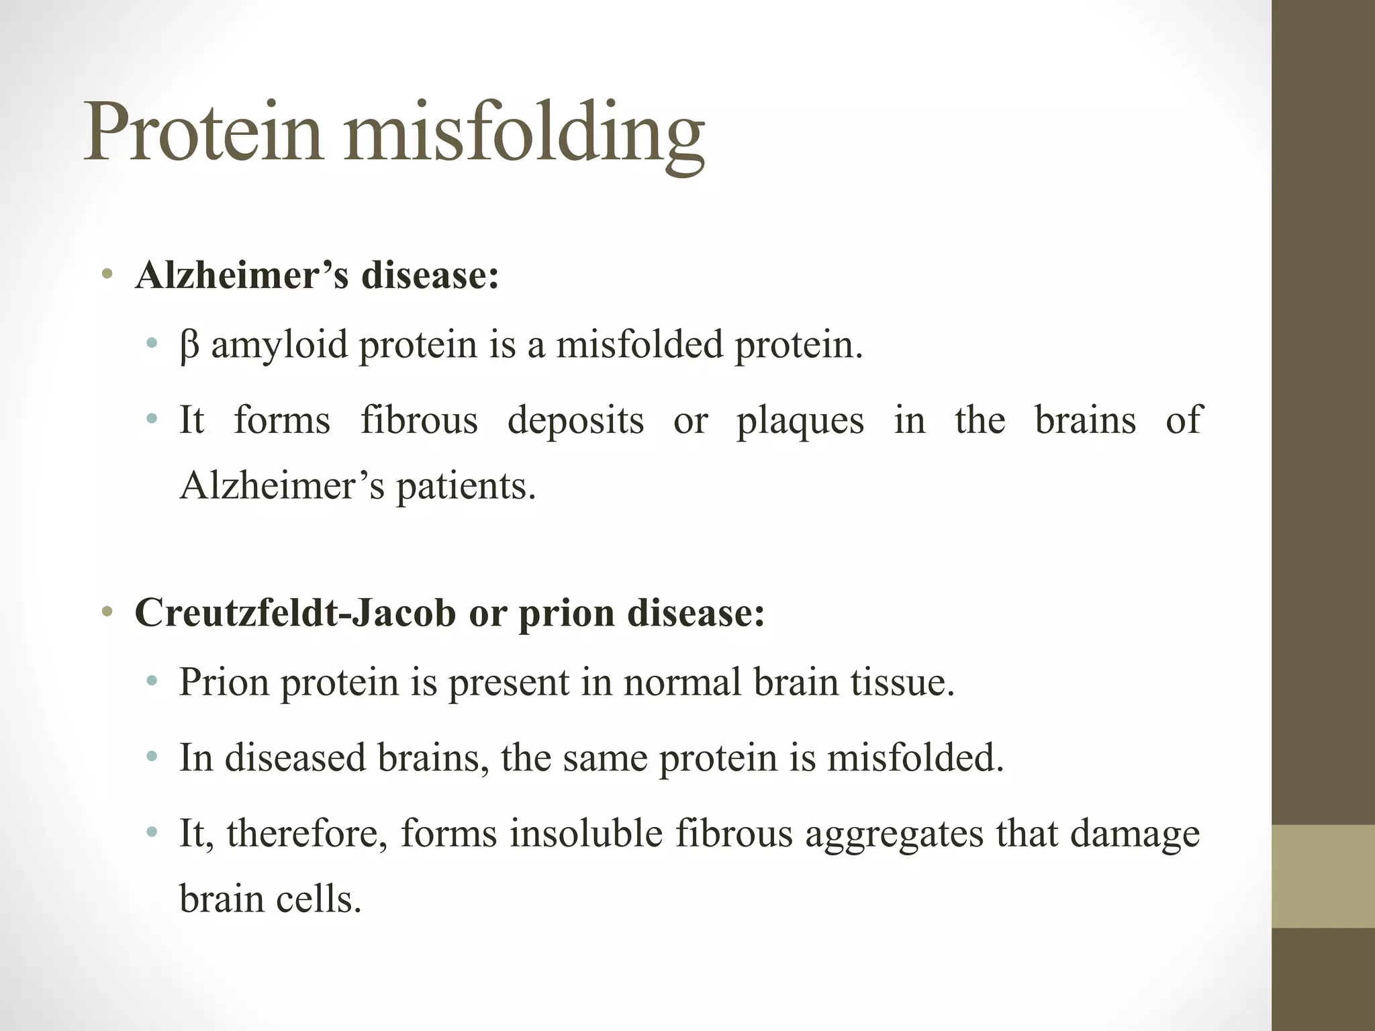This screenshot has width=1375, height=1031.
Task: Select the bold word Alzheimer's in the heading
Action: click(242, 275)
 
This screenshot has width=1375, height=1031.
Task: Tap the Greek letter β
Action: click(189, 346)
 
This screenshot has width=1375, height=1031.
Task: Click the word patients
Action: click(465, 487)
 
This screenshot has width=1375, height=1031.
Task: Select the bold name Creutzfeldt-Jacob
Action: click(295, 613)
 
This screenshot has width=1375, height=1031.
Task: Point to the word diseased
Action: click(295, 758)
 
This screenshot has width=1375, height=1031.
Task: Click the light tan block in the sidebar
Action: click(1323, 876)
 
